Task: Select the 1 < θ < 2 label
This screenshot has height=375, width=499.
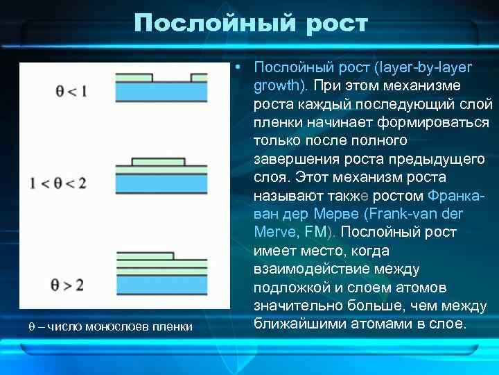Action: point(58,183)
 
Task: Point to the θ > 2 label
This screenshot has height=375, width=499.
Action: point(68,284)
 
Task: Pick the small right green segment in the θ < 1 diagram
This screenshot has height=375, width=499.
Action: point(198,77)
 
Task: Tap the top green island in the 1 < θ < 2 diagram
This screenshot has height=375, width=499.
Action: point(157,162)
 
